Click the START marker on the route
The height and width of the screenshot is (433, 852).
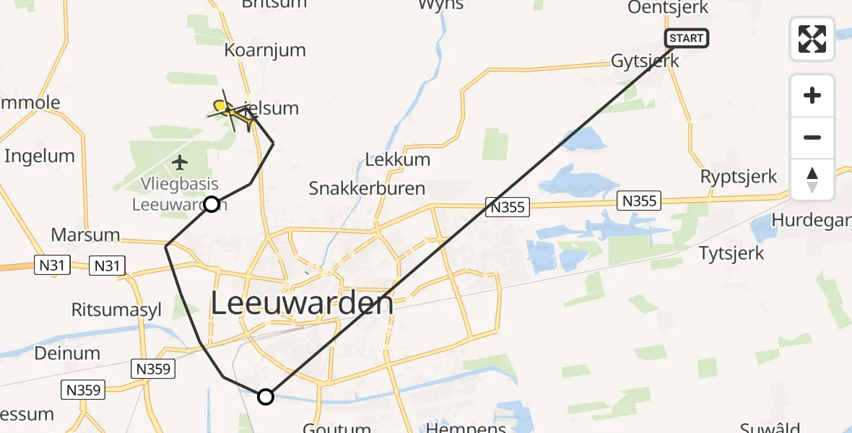click(687, 38)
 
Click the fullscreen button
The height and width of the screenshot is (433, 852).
click(812, 39)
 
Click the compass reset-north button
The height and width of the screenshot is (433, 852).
click(812, 180)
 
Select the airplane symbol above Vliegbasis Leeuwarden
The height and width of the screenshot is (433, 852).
click(180, 160)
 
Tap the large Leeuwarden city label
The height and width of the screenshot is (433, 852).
click(303, 304)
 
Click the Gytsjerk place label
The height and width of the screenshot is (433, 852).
click(645, 61)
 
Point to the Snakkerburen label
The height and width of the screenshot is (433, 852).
click(367, 189)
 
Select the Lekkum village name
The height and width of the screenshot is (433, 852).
click(398, 159)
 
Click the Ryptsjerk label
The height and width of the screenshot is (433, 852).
click(739, 177)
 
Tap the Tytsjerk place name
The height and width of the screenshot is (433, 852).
click(731, 253)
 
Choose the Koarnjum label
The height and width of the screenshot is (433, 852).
click(265, 51)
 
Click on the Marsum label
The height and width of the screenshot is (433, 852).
click(85, 235)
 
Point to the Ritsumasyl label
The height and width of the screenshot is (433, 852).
click(116, 310)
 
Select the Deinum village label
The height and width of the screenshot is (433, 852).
click(67, 353)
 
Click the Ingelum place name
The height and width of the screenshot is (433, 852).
click(40, 156)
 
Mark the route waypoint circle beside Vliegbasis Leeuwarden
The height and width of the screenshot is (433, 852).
click(211, 204)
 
